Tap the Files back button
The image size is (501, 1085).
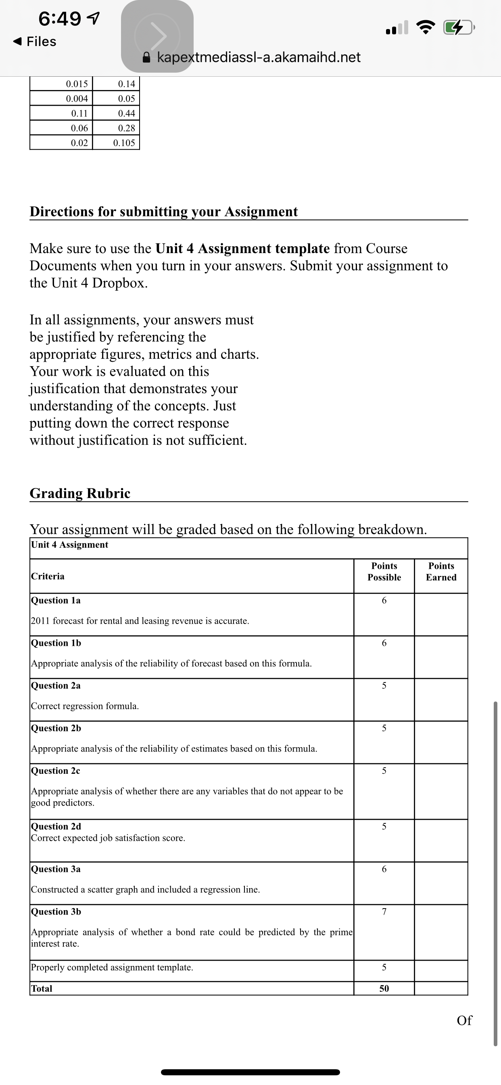coord(35,41)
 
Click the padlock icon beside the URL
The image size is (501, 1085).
coord(146,57)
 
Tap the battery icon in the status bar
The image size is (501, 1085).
coord(459,28)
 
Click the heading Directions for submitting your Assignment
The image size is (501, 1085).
coord(163,212)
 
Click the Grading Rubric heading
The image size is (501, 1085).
coord(80,493)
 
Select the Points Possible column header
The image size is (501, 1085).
coord(384,572)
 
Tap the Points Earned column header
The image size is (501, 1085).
coord(441,572)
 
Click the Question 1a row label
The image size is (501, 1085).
coord(56,600)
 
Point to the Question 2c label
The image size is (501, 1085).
coord(56,771)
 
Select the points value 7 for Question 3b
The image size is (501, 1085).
coord(384,911)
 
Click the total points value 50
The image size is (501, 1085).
coord(384,988)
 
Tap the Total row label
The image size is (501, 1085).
coord(42,988)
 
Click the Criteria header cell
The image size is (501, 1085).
coord(48,576)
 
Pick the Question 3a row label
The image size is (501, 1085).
coord(56,869)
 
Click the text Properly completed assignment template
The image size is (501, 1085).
coord(112,967)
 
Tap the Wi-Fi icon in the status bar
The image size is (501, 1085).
coord(426,28)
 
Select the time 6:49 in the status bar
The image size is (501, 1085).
coord(60,18)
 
